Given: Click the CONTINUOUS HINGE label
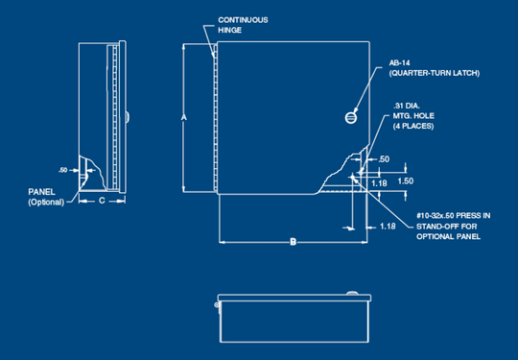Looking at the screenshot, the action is click(x=243, y=25).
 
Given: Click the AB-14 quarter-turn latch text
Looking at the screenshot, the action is click(x=435, y=68).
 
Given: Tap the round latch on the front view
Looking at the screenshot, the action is click(x=351, y=118).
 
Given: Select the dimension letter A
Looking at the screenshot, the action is click(x=184, y=117).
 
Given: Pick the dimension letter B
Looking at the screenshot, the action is click(x=293, y=242).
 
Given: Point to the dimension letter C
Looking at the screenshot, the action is click(x=102, y=201).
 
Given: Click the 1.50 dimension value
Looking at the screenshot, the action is click(x=406, y=180).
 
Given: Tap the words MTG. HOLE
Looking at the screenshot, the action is click(x=413, y=116).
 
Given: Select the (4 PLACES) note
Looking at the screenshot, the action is click(x=413, y=127).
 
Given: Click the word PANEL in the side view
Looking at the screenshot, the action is click(x=41, y=192).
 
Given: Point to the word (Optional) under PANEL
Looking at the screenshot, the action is click(x=46, y=202).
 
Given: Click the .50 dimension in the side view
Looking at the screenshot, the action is click(x=62, y=170).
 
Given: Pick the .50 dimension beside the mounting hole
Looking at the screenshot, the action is click(x=384, y=159).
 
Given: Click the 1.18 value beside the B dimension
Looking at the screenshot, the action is click(x=388, y=227).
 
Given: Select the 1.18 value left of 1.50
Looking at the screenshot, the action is click(x=379, y=182).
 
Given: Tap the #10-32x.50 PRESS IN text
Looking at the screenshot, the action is click(x=453, y=216).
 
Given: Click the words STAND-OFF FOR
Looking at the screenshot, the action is click(x=447, y=227).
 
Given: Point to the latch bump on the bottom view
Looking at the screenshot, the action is click(x=352, y=293).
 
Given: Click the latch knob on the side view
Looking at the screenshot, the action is click(x=128, y=117).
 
